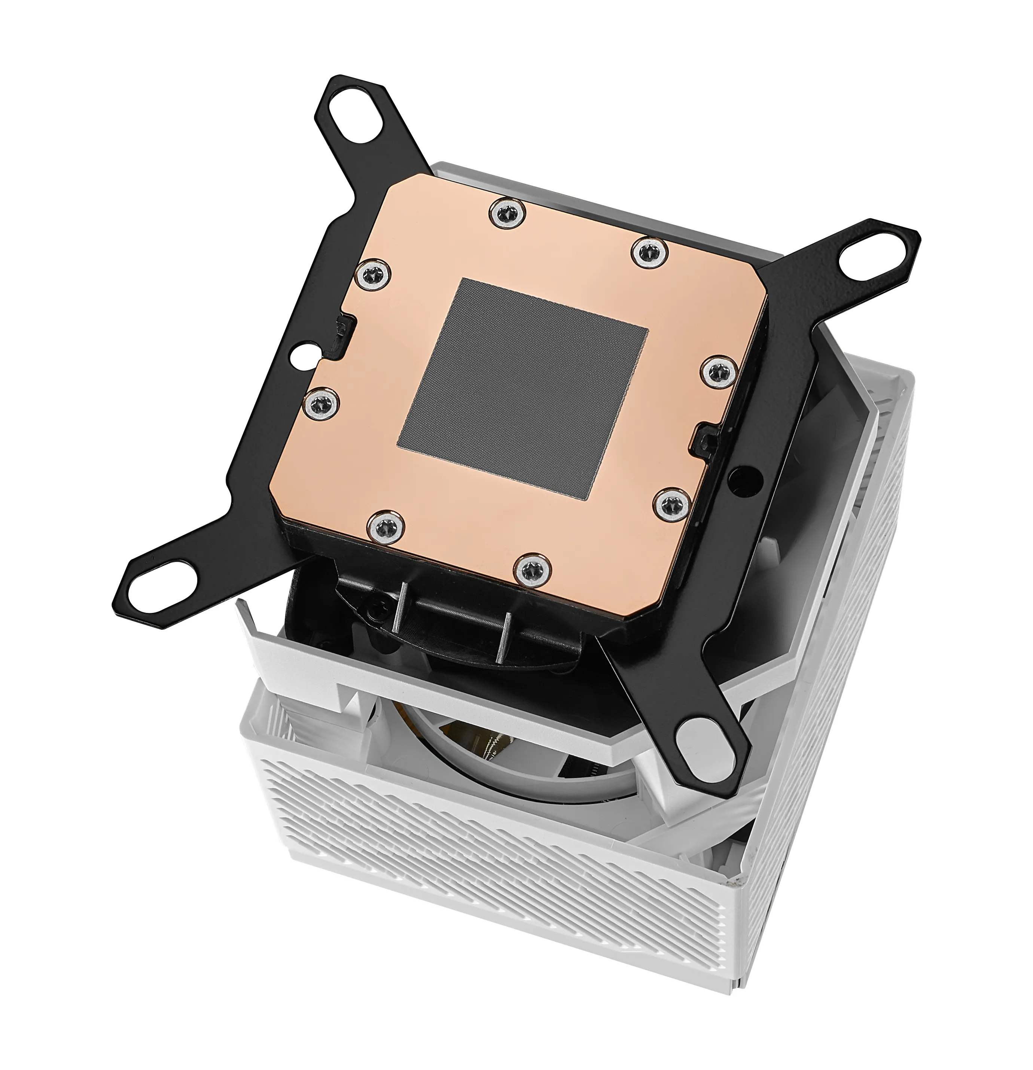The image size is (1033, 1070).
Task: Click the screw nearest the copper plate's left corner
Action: click(373, 274)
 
